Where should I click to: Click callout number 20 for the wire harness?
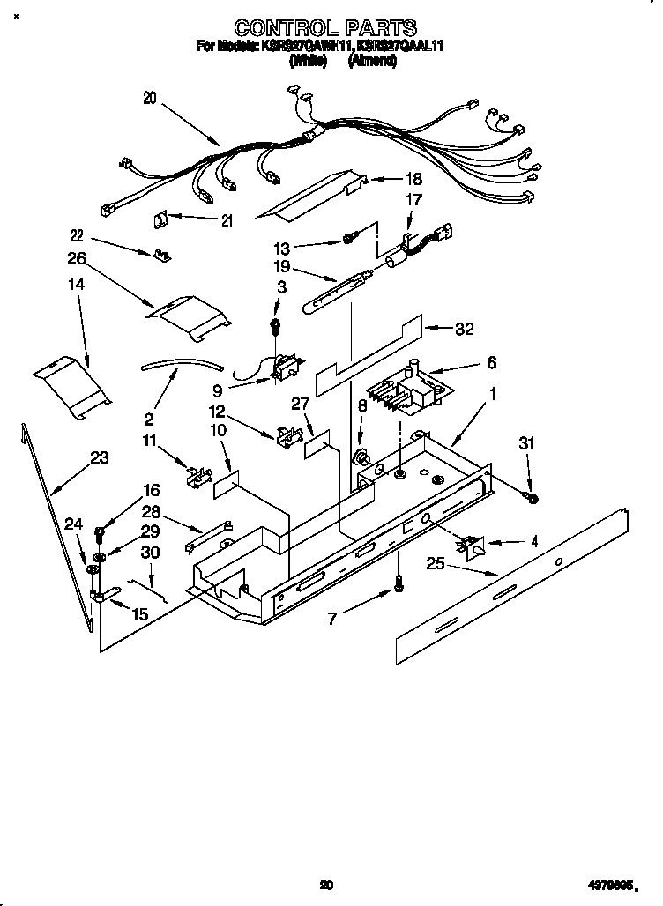pyautogui.click(x=149, y=100)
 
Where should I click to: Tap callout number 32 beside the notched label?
pyautogui.click(x=464, y=329)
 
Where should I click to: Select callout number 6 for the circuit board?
pyautogui.click(x=491, y=362)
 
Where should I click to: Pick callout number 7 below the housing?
pyautogui.click(x=331, y=620)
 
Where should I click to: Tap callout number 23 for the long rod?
pyautogui.click(x=100, y=457)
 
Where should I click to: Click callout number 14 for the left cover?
pyautogui.click(x=78, y=286)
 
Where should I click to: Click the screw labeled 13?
pyautogui.click(x=350, y=238)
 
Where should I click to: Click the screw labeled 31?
pyautogui.click(x=533, y=498)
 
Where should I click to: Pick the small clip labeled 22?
pyautogui.click(x=160, y=255)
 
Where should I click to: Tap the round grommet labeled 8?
pyautogui.click(x=361, y=457)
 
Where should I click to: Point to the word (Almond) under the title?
pyautogui.click(x=372, y=62)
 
